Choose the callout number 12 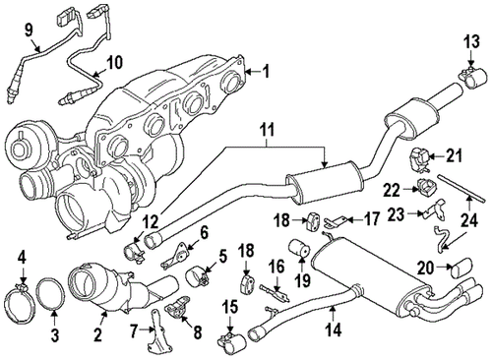click(x=147, y=221)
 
